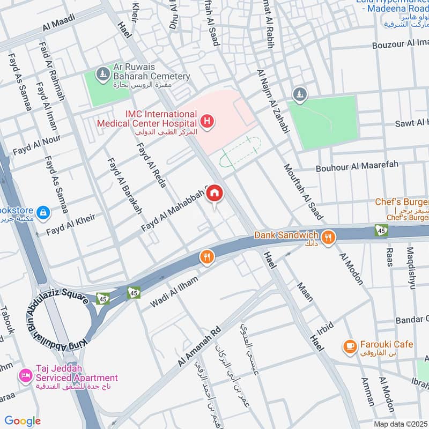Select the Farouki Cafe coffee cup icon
click(350, 347)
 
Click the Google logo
click(23, 421)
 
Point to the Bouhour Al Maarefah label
click(357, 166)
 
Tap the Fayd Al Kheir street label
click(70, 225)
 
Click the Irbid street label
click(324, 328)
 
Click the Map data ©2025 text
click(400, 424)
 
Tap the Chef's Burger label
click(402, 202)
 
